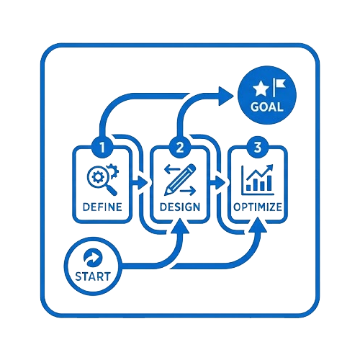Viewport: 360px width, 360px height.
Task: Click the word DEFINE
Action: coord(102,207)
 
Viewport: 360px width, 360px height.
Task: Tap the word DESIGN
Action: coord(180,207)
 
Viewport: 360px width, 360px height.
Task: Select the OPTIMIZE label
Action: coord(258,207)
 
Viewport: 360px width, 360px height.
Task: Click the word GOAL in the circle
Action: coord(267,107)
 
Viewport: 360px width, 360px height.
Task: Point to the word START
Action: coord(93,276)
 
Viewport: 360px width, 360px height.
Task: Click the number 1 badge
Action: coord(102,148)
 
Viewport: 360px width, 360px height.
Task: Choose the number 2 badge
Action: coord(180,148)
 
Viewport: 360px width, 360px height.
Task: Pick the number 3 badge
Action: coord(258,148)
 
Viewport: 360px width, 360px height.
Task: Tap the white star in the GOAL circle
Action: coord(261,89)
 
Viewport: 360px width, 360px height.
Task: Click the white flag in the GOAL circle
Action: coord(279,87)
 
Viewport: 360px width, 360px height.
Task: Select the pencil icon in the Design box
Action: coord(180,179)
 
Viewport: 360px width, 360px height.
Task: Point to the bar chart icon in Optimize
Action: coord(258,180)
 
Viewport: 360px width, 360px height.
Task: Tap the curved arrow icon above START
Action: coord(93,258)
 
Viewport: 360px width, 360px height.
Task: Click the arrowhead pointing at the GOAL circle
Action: coord(225,96)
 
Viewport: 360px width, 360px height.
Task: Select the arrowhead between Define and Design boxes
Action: coord(142,183)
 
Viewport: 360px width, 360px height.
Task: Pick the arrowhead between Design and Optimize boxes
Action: coord(220,183)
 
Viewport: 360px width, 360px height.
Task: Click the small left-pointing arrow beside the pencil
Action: coord(172,169)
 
